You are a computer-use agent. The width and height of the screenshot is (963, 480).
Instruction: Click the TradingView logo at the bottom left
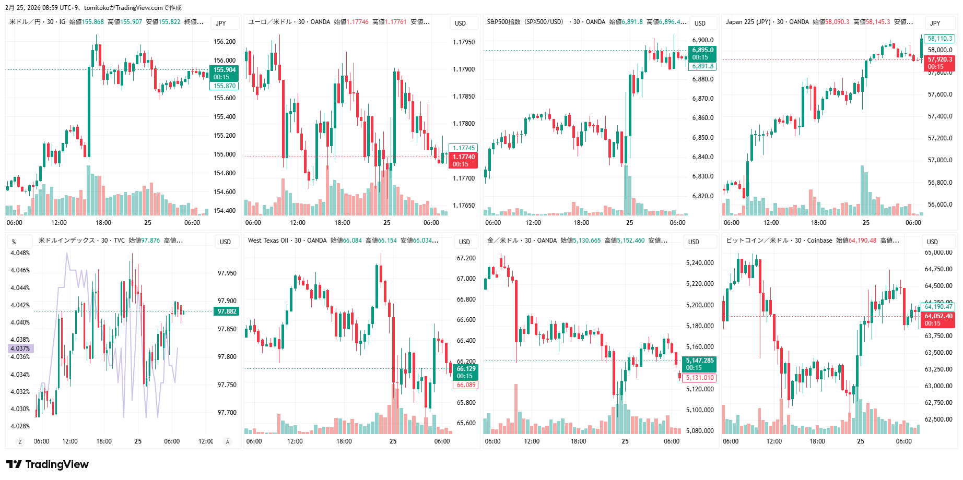pyautogui.click(x=48, y=464)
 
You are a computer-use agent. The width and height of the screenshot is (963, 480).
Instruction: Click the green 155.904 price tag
pyautogui.click(x=225, y=70)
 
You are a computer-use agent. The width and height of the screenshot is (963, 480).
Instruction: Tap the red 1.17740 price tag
pyautogui.click(x=463, y=157)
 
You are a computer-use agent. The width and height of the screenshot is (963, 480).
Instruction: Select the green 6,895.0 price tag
pyautogui.click(x=702, y=51)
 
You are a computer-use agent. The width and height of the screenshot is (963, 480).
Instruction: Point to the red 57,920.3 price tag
pyautogui.click(x=939, y=59)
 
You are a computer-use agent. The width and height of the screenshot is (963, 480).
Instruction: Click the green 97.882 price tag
pyautogui.click(x=227, y=311)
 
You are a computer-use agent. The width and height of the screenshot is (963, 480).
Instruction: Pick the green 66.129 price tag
pyautogui.click(x=466, y=369)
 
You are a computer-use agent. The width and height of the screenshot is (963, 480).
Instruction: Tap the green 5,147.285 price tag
pyautogui.click(x=699, y=361)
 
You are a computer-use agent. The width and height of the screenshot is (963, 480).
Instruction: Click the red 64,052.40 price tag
pyautogui.click(x=938, y=316)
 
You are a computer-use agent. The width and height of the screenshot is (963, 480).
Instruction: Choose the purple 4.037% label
pyautogui.click(x=20, y=349)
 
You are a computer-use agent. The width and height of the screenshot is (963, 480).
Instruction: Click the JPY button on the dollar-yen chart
pyautogui.click(x=221, y=23)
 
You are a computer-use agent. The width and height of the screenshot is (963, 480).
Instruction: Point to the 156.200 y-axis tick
pyautogui.click(x=225, y=42)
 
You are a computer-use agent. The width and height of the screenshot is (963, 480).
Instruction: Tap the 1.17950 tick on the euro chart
pyautogui.click(x=464, y=42)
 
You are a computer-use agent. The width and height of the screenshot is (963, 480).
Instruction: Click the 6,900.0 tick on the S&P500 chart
pyautogui.click(x=702, y=40)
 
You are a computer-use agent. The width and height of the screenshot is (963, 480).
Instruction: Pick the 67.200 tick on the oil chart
pyautogui.click(x=466, y=258)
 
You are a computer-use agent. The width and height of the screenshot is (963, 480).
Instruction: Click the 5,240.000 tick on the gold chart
pyautogui.click(x=699, y=263)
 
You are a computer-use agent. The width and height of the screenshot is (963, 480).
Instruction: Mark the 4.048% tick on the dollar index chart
pyautogui.click(x=20, y=253)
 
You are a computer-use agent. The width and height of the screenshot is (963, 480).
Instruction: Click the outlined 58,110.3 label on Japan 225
pyautogui.click(x=940, y=39)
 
